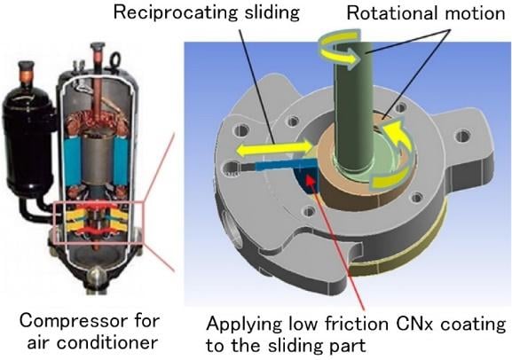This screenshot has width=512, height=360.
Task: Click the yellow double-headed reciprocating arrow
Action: pyautogui.click(x=274, y=148)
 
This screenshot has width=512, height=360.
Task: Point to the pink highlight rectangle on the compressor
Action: pyautogui.click(x=98, y=203)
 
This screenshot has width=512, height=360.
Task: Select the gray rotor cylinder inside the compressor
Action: pyautogui.click(x=97, y=159)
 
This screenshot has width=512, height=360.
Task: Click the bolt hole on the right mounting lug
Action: pyautogui.click(x=461, y=135)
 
